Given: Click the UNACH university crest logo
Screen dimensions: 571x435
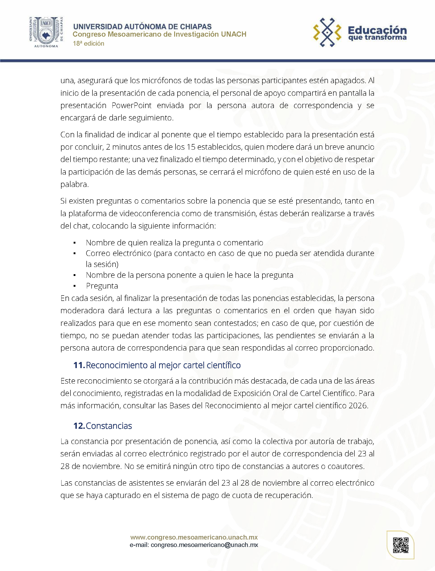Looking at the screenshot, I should point(46,32).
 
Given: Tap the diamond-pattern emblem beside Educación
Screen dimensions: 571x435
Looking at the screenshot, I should point(327,32).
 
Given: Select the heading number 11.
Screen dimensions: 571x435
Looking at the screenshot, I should point(79,365).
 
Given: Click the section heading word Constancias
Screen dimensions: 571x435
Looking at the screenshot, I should point(109,426).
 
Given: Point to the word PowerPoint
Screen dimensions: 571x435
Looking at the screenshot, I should point(132,105).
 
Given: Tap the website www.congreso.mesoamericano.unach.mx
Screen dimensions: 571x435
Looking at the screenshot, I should point(194,537).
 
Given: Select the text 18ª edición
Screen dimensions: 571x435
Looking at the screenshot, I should point(89,44).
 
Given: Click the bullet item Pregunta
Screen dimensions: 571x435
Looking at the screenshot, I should point(102,286).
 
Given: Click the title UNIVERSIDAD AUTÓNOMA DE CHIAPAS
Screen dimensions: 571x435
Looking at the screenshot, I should point(142,27).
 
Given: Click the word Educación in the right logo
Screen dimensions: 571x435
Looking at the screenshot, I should point(377,30).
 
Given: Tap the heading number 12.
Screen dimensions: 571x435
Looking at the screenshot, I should point(79,426).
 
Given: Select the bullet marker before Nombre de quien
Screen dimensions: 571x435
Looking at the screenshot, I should point(75,243).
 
